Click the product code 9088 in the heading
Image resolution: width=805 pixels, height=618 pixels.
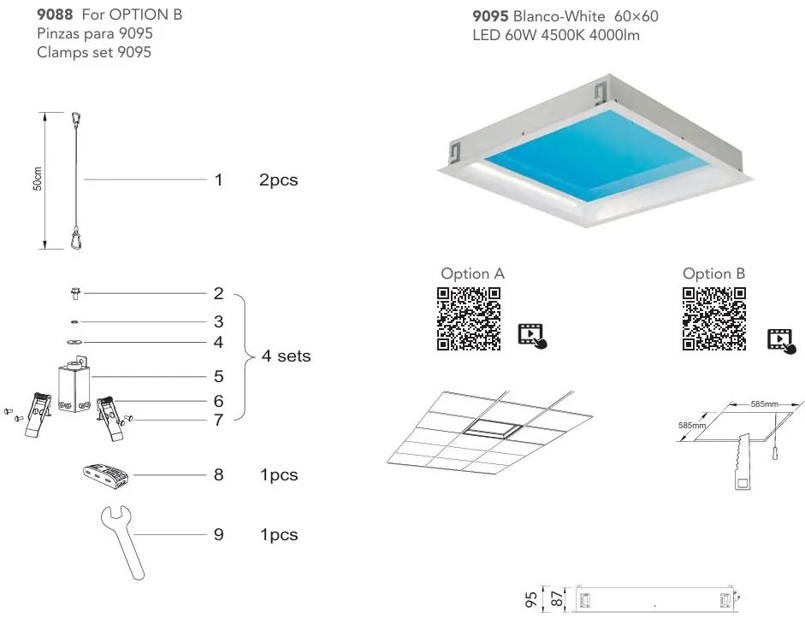point(54,15)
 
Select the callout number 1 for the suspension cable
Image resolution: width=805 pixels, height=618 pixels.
point(219,180)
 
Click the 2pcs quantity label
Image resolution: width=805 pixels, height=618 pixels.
point(278,180)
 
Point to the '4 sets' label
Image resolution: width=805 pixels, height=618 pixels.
point(286,356)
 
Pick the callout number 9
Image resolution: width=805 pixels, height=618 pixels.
point(219,535)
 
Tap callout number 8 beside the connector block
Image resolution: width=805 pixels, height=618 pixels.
point(219,474)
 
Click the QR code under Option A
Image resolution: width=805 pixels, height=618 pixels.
point(468,319)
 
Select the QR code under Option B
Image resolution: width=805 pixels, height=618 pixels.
point(713,319)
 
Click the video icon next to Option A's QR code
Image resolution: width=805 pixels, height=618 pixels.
point(531,335)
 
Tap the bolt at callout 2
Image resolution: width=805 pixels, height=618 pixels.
point(74,294)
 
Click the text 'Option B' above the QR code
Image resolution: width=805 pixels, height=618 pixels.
point(713,274)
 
